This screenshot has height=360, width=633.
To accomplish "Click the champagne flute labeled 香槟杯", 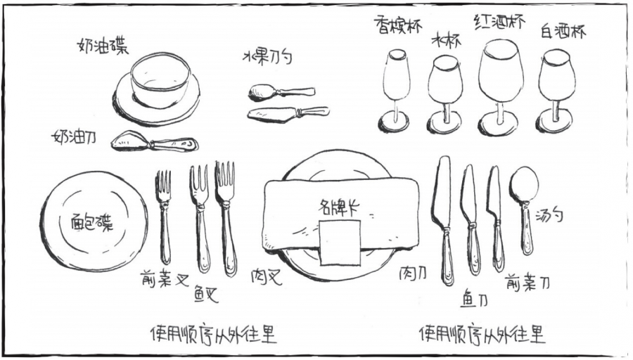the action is click(395, 91).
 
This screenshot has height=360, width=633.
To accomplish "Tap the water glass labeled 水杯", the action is click(445, 95).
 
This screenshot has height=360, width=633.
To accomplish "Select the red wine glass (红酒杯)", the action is click(498, 86).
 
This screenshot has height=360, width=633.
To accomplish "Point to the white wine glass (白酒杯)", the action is click(556, 91).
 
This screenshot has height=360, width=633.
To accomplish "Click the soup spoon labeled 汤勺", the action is click(524, 210).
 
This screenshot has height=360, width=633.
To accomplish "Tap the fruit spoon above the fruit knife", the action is click(281, 92).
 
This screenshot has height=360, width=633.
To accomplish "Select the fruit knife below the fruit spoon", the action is click(288, 112).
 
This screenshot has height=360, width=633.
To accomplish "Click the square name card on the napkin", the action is click(340, 243).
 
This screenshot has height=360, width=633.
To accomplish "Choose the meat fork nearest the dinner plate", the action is click(226, 218).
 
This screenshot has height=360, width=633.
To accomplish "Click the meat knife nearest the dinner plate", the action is click(443, 220).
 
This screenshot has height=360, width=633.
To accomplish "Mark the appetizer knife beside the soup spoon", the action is click(495, 218).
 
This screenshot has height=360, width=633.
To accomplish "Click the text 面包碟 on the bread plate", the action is click(92, 222).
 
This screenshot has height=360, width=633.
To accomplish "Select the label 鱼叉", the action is click(206, 294).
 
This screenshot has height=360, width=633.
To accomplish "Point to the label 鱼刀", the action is click(474, 300).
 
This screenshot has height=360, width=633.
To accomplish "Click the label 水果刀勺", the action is click(267, 58).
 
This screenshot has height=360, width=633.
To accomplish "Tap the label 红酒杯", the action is click(499, 21).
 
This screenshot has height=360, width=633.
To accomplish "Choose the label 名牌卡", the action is click(339, 207).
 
